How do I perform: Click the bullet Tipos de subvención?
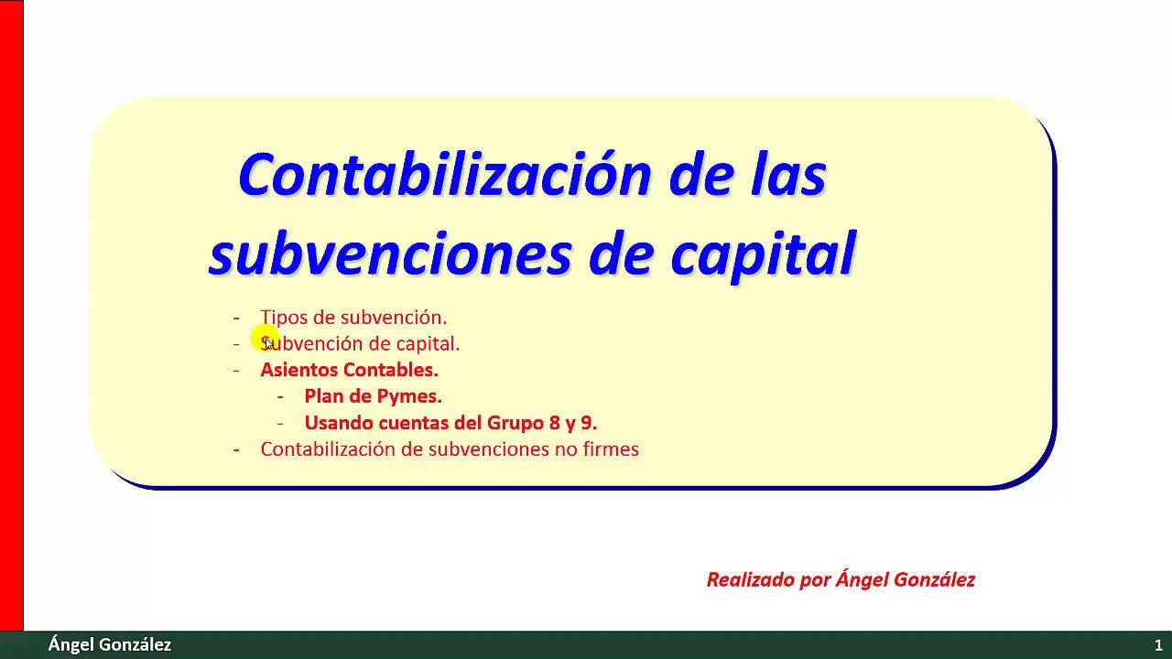[353, 318]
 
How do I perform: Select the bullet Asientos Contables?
[349, 370]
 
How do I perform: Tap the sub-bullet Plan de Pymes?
[373, 396]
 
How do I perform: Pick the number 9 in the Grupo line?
[588, 423]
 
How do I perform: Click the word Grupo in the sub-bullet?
[515, 423]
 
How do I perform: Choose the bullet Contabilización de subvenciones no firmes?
[450, 449]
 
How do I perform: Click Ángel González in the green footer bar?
[110, 645]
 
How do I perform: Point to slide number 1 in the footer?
[1158, 645]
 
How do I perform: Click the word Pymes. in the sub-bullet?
[411, 396]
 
